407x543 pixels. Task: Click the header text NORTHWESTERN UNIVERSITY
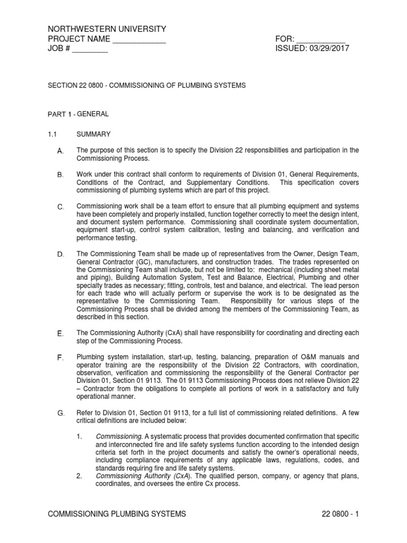pyautogui.click(x=107, y=29)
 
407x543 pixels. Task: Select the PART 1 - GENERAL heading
pyautogui.click(x=78, y=114)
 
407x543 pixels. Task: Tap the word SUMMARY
pyautogui.click(x=94, y=134)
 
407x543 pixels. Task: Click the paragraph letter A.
pyautogui.click(x=60, y=152)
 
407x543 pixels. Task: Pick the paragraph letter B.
pyautogui.click(x=60, y=175)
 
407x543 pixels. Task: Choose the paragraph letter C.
pyautogui.click(x=60, y=206)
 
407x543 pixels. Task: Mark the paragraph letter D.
pyautogui.click(x=60, y=255)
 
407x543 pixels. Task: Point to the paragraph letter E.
pyautogui.click(x=60, y=333)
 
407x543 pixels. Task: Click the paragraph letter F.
pyautogui.click(x=60, y=358)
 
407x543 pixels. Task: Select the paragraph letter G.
pyautogui.click(x=60, y=413)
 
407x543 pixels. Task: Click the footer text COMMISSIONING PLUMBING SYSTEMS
pyautogui.click(x=117, y=514)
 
